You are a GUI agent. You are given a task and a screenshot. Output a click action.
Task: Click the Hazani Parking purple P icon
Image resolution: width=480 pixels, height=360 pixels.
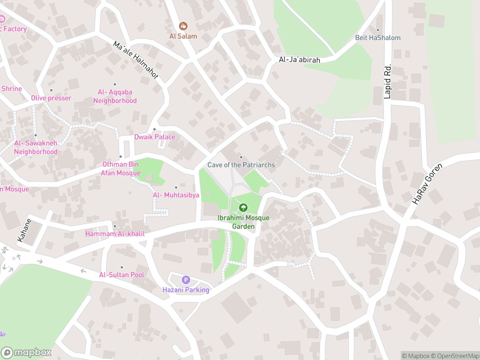click(186, 280)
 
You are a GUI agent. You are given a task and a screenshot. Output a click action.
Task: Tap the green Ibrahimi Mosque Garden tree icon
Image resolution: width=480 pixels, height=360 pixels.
click(243, 208)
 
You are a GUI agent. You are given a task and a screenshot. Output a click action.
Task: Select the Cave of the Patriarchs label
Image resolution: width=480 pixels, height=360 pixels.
click(241, 165)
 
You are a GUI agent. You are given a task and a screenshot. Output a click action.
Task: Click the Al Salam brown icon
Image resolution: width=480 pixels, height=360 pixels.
click(183, 27)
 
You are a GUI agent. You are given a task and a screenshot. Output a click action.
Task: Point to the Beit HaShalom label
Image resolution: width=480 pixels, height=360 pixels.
click(378, 38)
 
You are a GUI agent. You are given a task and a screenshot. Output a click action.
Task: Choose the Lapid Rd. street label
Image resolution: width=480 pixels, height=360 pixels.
click(388, 83)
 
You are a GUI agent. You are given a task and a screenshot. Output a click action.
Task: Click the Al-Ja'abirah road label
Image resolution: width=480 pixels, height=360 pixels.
click(299, 60)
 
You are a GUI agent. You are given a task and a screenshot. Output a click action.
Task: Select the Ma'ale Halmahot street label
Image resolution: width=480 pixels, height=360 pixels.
click(136, 60)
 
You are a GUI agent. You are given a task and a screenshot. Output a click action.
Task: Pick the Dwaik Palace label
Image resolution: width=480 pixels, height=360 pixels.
click(155, 137)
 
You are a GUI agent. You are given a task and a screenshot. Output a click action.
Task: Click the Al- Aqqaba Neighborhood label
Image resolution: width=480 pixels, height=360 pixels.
click(115, 96)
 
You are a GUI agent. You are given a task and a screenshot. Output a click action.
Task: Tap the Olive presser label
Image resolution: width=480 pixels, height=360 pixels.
click(51, 98)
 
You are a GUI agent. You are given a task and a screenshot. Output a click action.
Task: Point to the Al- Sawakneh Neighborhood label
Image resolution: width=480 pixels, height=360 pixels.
click(36, 147)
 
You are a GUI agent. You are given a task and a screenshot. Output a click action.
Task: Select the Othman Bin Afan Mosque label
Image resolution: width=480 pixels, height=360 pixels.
click(121, 169)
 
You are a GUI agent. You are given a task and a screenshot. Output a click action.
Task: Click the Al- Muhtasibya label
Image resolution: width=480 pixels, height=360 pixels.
click(176, 195)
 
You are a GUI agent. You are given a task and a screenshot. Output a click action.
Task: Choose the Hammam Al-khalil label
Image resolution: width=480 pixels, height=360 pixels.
click(115, 234)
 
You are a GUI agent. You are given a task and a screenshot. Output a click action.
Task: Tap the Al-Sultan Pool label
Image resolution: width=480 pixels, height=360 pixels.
click(121, 275)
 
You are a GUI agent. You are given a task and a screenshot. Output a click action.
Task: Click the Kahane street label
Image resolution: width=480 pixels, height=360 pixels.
click(25, 230)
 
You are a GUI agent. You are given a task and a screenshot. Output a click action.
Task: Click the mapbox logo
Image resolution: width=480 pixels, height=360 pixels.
click(27, 352)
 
